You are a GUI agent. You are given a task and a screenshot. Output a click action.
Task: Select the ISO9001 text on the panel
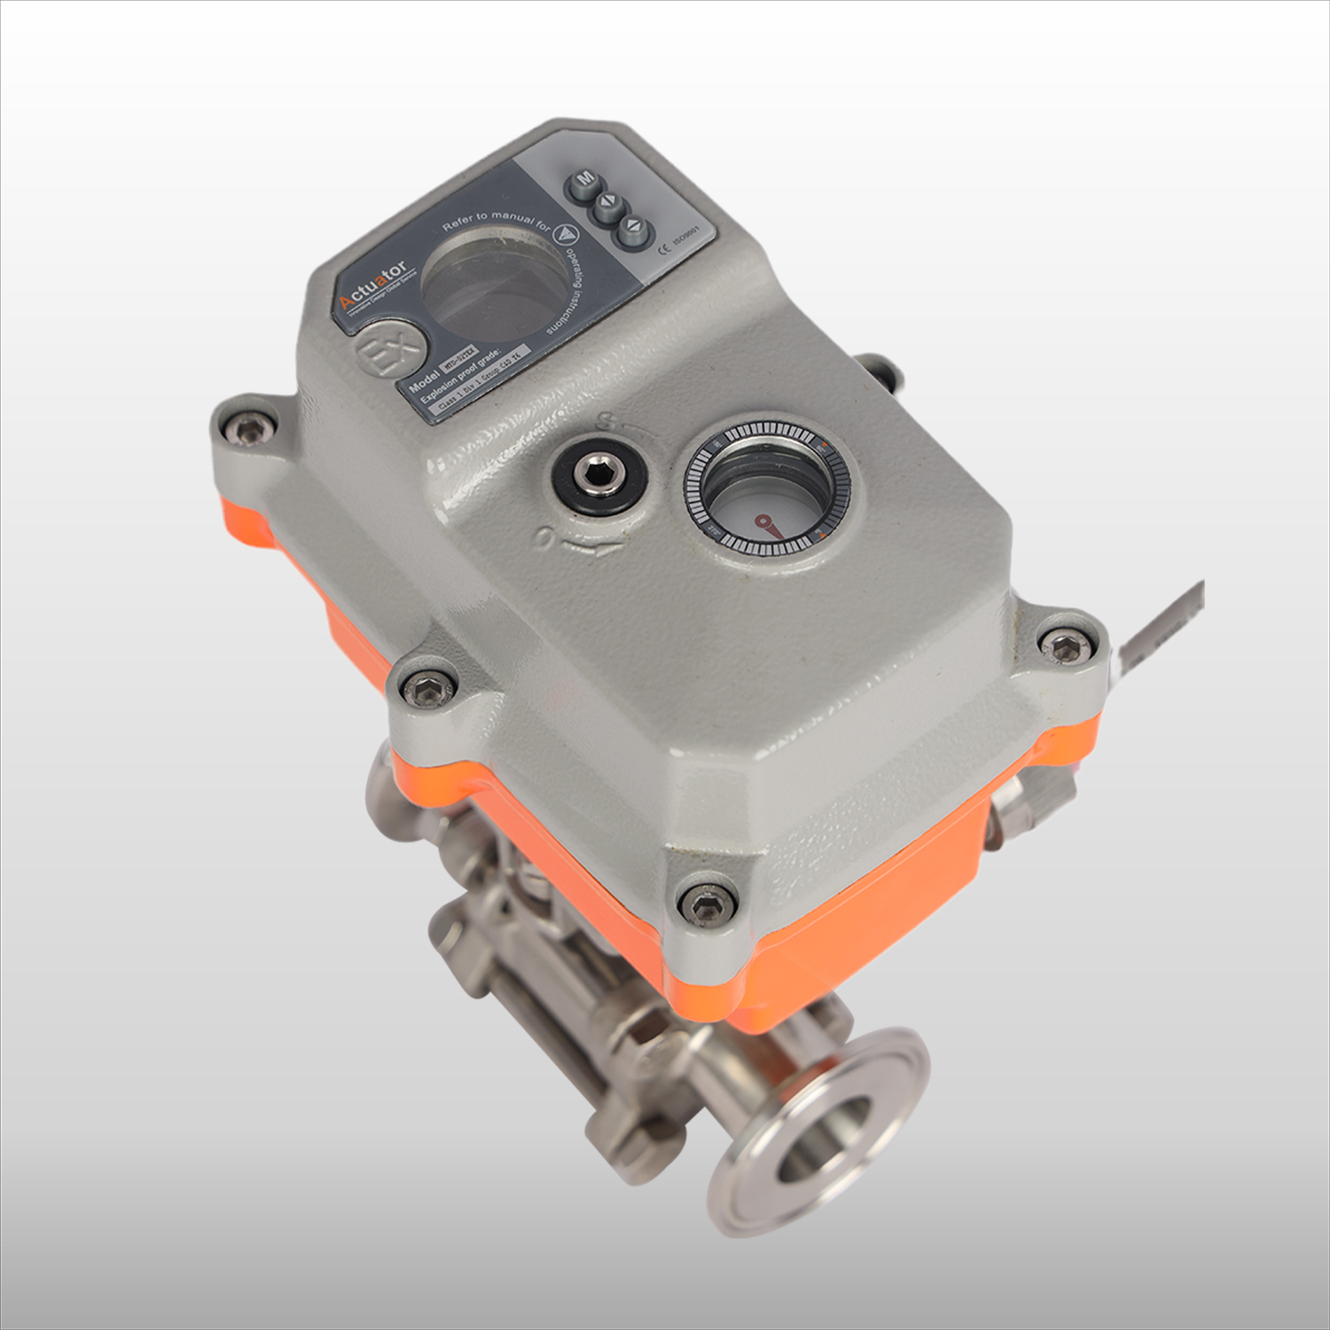click(687, 238)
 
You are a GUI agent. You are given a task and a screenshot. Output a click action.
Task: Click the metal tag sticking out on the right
click(1162, 625)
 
